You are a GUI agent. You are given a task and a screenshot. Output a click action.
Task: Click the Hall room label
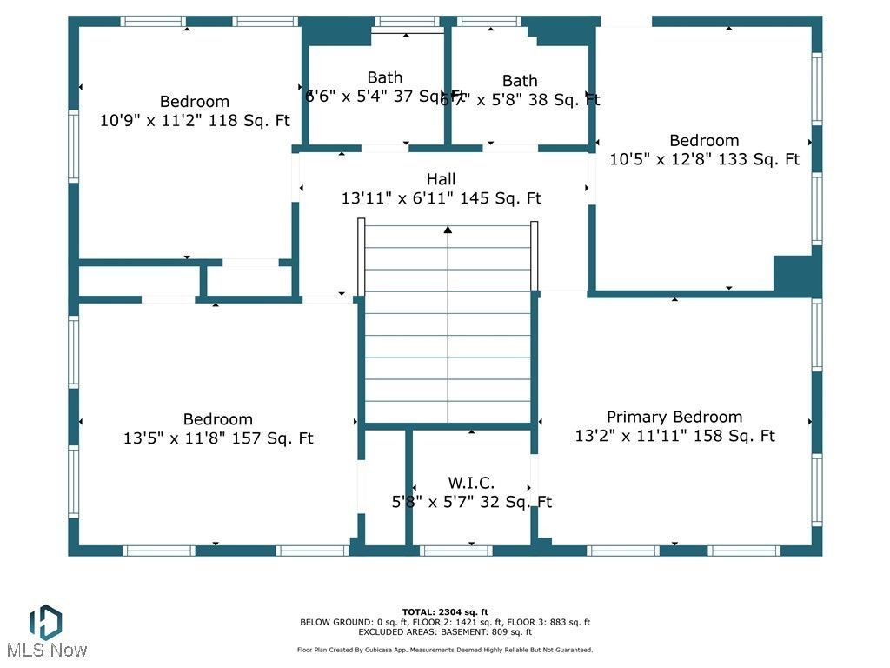point(442,179)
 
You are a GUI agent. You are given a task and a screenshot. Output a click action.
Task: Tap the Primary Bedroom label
point(674,417)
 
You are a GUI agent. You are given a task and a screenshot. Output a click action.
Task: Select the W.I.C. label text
point(472,483)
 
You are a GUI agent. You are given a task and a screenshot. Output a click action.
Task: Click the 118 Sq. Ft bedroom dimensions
point(195,121)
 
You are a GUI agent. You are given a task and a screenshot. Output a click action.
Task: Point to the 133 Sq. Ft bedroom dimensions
point(704,159)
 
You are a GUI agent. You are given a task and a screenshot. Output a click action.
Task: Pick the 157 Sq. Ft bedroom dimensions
point(218,438)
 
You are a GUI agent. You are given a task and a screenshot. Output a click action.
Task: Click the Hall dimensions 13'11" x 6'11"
point(442,198)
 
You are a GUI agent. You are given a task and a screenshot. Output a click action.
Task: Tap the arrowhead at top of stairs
point(448,230)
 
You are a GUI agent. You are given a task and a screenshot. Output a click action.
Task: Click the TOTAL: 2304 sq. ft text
point(445,612)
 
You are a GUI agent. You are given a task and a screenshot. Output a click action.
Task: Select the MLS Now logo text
point(46,650)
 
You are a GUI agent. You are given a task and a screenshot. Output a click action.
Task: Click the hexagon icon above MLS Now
point(45,621)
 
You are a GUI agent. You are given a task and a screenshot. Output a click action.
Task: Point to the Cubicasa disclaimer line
point(445,650)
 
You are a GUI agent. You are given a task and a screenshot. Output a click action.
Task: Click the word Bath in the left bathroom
point(385,77)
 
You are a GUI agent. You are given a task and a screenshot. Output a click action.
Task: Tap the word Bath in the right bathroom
point(520,81)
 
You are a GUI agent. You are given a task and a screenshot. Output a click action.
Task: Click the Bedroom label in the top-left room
point(195,102)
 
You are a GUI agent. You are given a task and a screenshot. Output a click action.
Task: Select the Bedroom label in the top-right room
point(704,140)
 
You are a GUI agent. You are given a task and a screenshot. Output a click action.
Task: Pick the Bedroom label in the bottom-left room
point(218,419)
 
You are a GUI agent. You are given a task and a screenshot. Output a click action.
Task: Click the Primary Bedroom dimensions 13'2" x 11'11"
point(674,436)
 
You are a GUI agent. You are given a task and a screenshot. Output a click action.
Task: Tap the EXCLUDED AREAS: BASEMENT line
point(445,631)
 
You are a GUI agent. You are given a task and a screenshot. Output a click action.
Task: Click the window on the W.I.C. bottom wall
point(455,551)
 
